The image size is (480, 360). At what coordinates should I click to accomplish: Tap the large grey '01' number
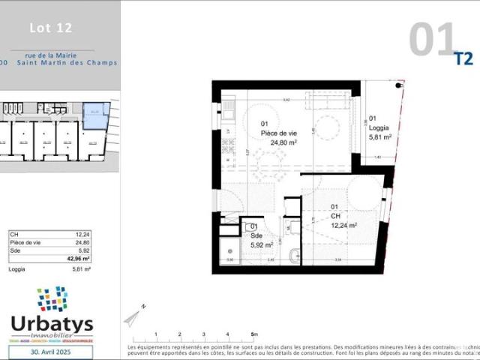433,40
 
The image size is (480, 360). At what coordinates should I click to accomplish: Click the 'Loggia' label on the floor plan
379,128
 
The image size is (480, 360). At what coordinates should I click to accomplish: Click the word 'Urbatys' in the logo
52,324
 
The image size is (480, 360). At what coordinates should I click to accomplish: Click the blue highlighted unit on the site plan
95,115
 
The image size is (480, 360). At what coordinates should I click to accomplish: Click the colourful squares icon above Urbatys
52,299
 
